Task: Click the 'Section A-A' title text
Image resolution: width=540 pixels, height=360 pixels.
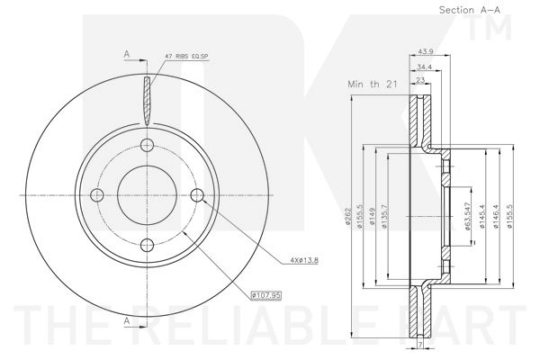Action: [470, 10]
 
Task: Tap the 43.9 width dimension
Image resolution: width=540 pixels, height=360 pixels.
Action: [425, 51]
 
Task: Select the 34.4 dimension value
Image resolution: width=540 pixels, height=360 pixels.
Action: [424, 67]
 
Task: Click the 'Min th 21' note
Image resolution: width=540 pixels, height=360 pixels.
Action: [373, 84]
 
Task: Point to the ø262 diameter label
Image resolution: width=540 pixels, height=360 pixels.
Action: [347, 216]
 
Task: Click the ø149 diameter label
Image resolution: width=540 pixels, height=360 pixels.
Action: [372, 216]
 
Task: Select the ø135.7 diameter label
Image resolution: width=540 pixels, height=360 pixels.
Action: [384, 216]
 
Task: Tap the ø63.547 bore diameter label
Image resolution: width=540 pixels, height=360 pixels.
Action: [467, 216]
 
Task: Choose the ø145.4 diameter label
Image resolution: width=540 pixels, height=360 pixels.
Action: [481, 216]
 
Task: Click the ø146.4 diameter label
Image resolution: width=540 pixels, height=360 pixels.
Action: [496, 216]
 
